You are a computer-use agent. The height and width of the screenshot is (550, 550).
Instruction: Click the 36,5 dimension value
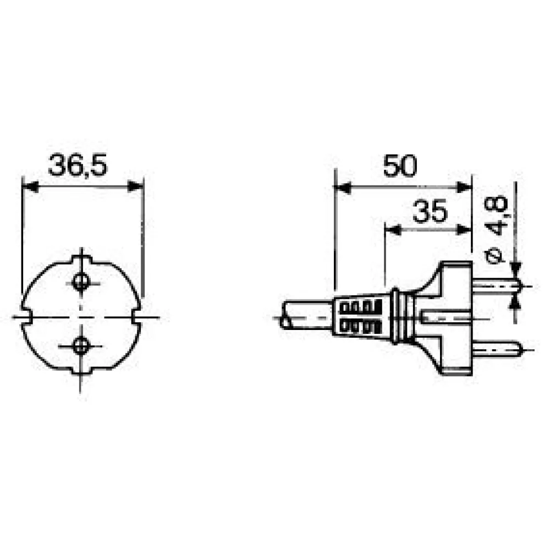point(78,164)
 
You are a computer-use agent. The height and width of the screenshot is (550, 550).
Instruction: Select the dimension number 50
point(400,165)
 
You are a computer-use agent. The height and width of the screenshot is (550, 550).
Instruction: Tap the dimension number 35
point(430,211)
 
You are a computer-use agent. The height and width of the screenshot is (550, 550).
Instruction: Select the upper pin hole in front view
point(81,281)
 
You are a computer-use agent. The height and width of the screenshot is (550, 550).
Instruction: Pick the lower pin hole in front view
point(81,346)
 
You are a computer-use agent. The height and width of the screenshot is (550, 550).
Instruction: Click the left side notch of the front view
point(26,317)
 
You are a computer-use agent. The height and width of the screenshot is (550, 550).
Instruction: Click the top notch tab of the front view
point(82,260)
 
